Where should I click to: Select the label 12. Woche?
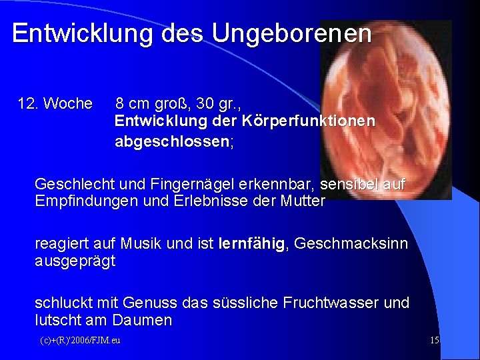(55, 104)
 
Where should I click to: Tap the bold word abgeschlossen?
(173, 141)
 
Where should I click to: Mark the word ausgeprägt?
(75, 261)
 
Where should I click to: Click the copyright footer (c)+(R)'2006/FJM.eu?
(79, 341)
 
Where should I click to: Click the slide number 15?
(435, 341)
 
